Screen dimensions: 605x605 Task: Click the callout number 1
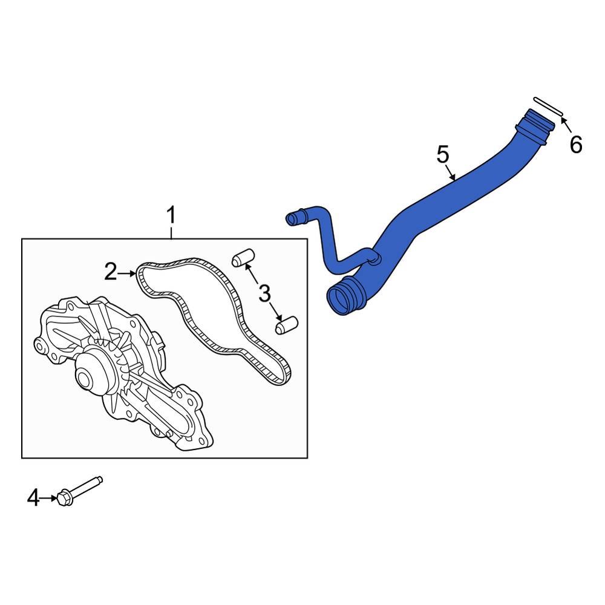point(171,215)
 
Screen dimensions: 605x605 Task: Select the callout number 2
point(110,272)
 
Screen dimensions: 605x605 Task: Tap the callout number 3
point(264,294)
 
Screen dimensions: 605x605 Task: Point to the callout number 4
point(34,499)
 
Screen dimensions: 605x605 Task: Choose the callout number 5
point(443,155)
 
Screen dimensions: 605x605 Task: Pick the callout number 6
point(575,145)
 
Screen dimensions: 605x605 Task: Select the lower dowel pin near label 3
point(284,325)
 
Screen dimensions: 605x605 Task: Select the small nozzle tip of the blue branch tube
point(291,218)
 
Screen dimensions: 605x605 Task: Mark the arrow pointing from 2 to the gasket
point(128,273)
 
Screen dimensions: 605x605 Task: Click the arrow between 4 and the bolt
point(49,499)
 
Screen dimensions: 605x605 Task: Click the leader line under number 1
point(171,232)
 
